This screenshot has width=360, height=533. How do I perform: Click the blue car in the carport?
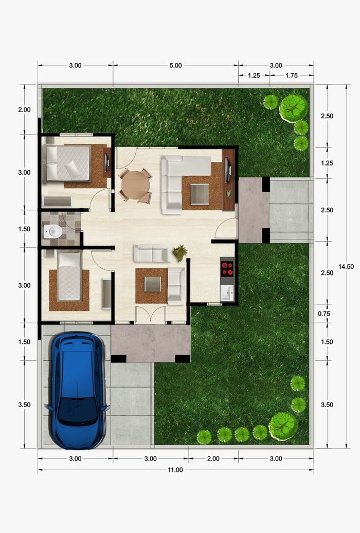tap(78, 390)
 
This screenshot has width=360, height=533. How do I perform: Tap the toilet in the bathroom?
tap(53, 232)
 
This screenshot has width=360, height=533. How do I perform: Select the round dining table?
tap(135, 185)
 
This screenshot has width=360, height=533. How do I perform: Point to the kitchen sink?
tap(227, 293)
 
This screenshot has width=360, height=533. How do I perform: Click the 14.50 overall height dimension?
tap(346, 266)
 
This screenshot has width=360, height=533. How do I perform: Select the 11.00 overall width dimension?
tap(175, 470)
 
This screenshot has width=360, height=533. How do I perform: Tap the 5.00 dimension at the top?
tap(175, 65)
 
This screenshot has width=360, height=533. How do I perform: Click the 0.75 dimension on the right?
tap(324, 314)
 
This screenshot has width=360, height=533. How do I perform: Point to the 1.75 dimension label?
tap(292, 76)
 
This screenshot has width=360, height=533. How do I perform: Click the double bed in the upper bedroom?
tap(68, 163)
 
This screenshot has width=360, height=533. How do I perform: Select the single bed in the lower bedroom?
tap(69, 276)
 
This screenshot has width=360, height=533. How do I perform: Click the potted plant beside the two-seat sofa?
tap(179, 253)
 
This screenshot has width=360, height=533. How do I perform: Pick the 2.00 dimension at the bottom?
tap(213, 458)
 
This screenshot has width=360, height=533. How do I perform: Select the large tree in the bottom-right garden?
tap(283, 426)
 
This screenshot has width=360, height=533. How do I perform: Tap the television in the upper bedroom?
tap(107, 162)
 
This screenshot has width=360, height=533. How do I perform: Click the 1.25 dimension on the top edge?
tap(254, 76)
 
